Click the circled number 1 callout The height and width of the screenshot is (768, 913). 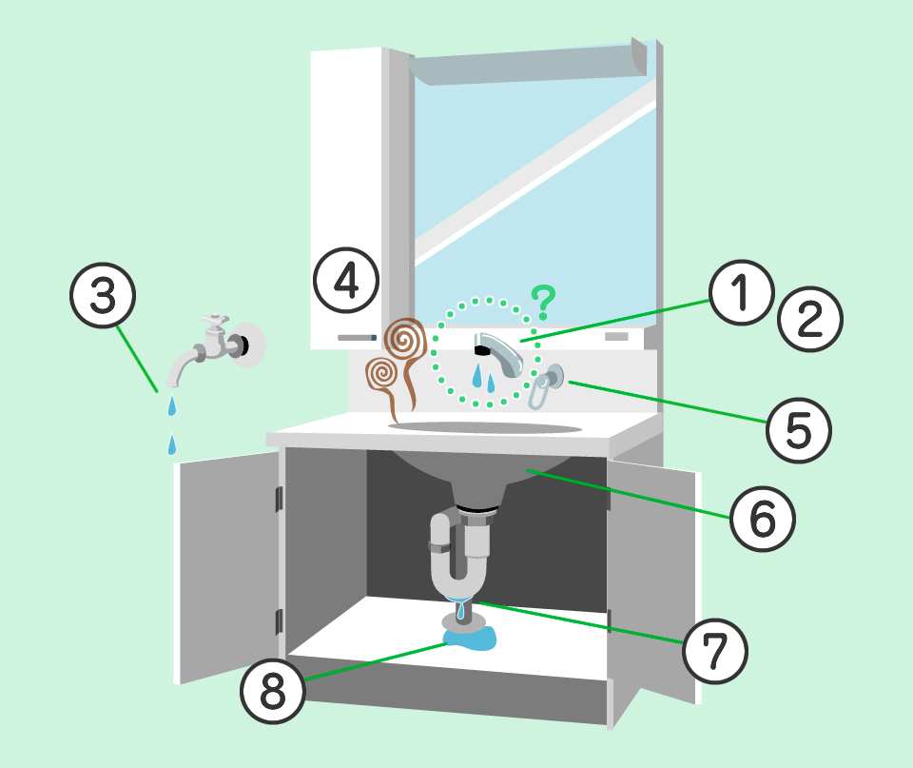tap(741, 292)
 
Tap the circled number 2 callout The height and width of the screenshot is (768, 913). tap(810, 319)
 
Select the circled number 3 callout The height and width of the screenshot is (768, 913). tap(103, 295)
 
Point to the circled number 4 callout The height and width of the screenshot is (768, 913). tap(346, 281)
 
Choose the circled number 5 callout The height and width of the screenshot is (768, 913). tap(798, 430)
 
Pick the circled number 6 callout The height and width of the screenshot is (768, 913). tap(762, 519)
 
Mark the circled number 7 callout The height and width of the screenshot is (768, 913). tap(714, 651)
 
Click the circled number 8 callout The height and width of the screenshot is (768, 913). tap(273, 691)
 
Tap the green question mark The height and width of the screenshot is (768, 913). tap(544, 303)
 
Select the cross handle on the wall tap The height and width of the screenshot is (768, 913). tap(214, 322)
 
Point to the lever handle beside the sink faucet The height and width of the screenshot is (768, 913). tap(545, 385)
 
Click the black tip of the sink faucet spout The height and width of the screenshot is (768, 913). tap(481, 349)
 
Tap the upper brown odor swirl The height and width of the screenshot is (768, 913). tap(405, 340)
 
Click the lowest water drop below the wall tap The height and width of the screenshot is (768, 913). tap(172, 444)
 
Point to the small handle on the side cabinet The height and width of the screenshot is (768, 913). tap(357, 338)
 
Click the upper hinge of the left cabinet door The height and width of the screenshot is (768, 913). tap(279, 499)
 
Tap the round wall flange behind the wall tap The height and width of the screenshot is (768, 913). tap(249, 345)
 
